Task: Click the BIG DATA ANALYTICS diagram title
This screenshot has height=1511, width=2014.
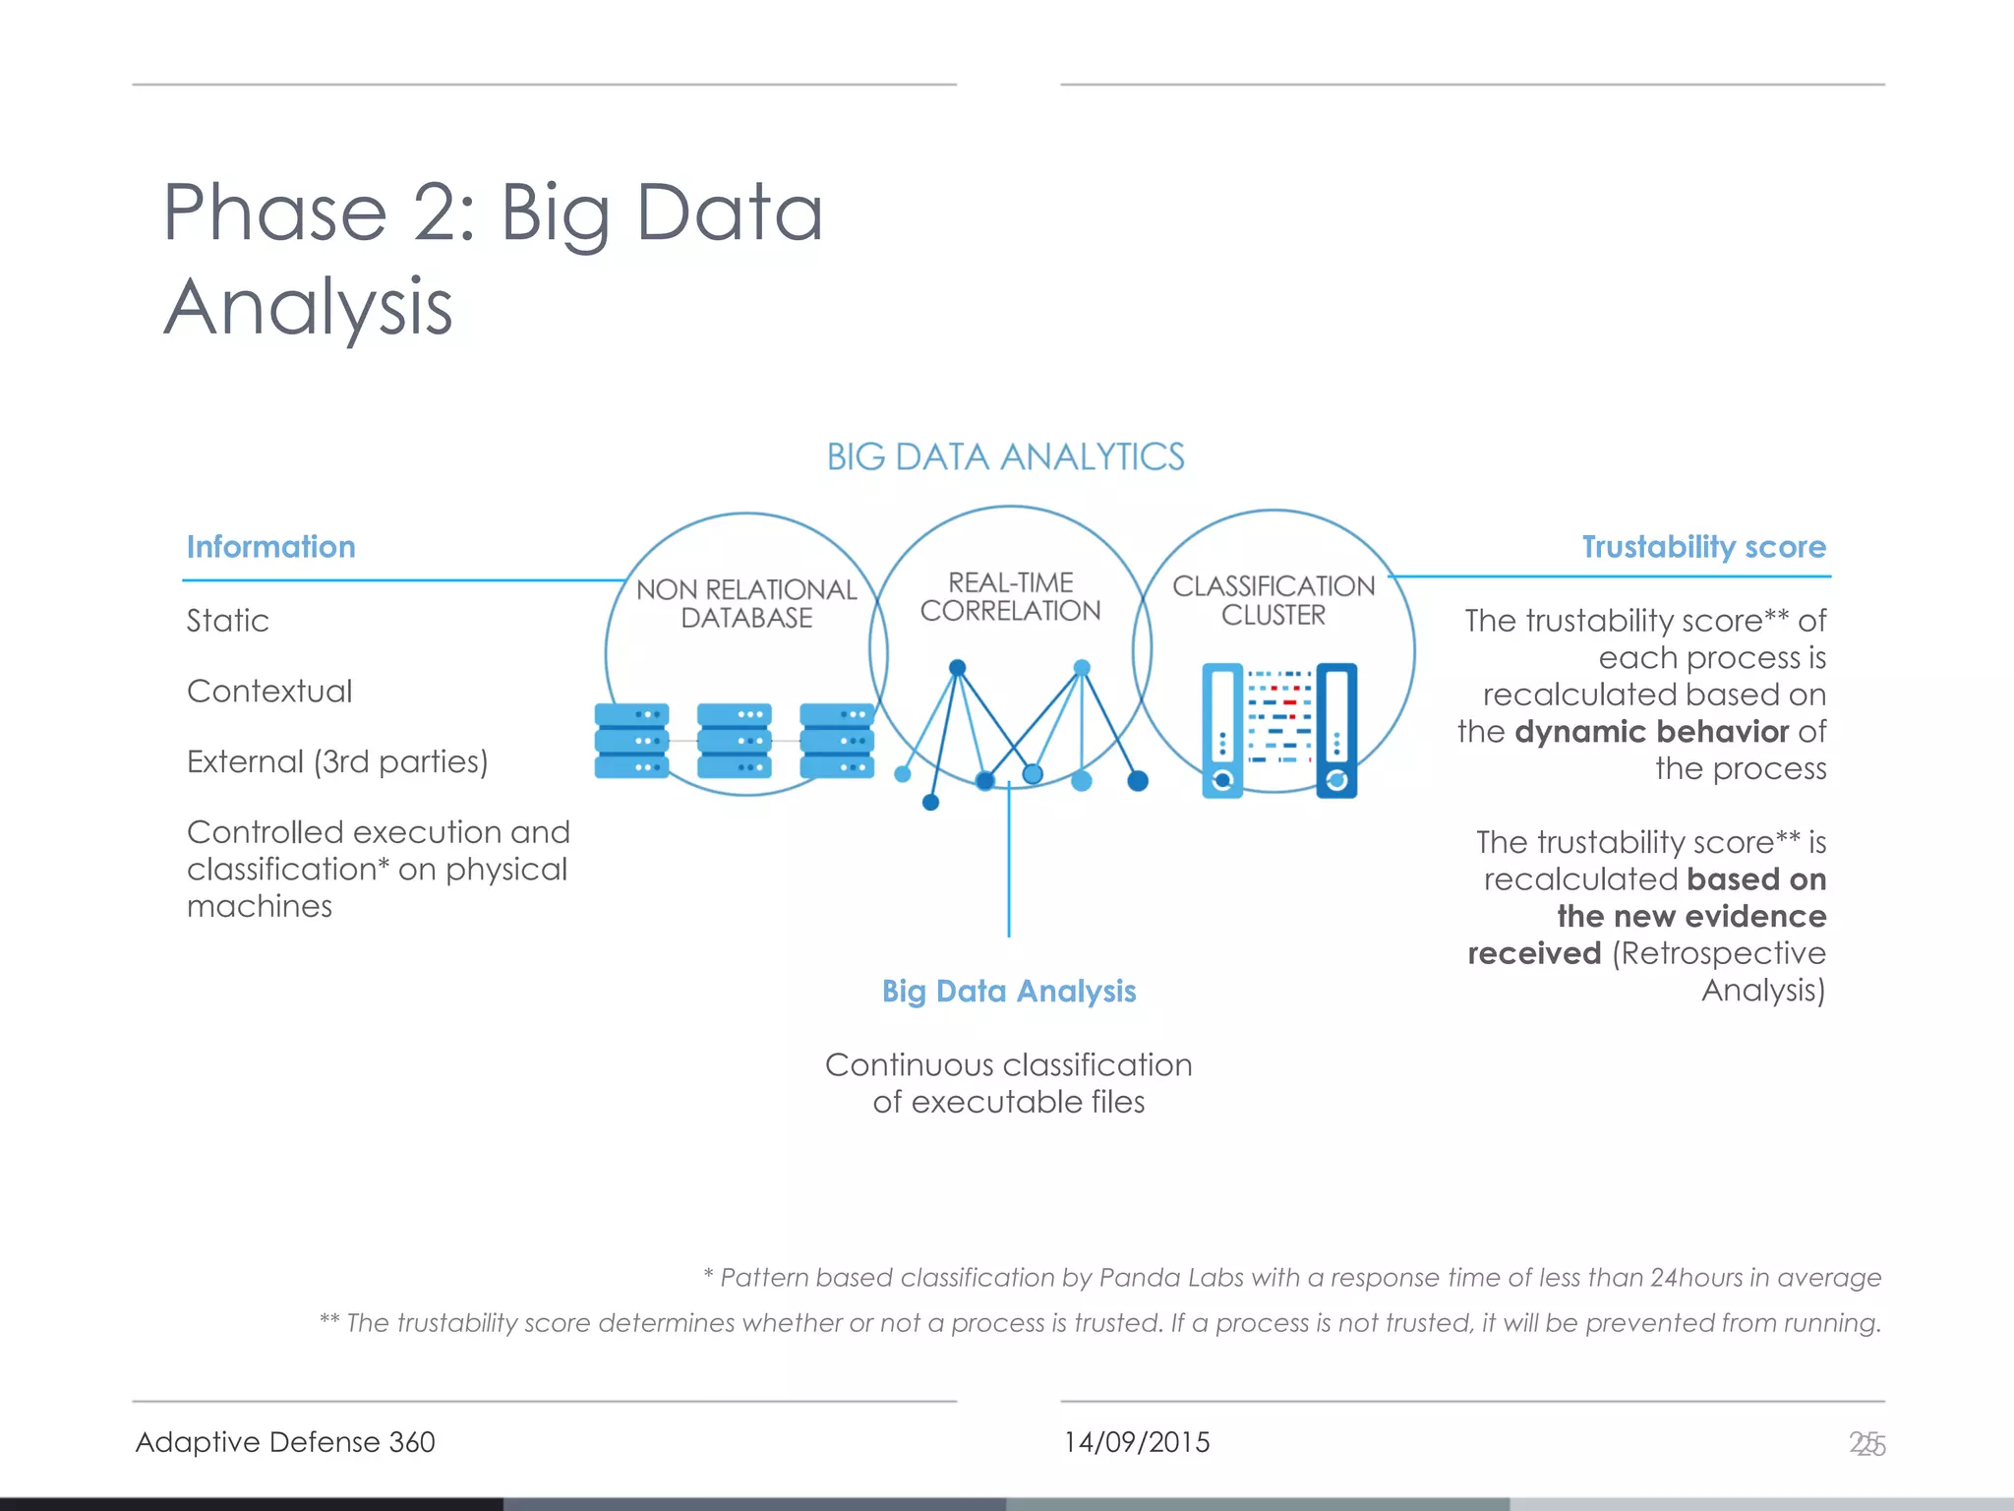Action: pyautogui.click(x=1005, y=457)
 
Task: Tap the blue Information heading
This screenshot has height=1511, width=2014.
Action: pyautogui.click(x=270, y=547)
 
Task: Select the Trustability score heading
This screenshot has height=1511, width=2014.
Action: pyautogui.click(x=1703, y=547)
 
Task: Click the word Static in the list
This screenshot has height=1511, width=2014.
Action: pyautogui.click(x=227, y=621)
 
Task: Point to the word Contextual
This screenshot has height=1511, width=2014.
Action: pyautogui.click(x=268, y=692)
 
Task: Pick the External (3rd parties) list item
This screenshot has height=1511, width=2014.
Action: pyautogui.click(x=336, y=762)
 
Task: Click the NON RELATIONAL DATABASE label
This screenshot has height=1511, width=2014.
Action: pyautogui.click(x=746, y=603)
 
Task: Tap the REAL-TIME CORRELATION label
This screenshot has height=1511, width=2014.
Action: pyautogui.click(x=1010, y=597)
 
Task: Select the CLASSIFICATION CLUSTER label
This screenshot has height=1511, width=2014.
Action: pyautogui.click(x=1274, y=600)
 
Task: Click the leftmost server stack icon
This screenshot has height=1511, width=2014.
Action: pyautogui.click(x=631, y=741)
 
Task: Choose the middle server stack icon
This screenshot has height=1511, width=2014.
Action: pyautogui.click(x=734, y=741)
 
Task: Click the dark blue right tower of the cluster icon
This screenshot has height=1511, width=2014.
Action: pyautogui.click(x=1336, y=730)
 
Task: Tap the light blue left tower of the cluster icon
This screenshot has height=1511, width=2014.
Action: pyautogui.click(x=1222, y=730)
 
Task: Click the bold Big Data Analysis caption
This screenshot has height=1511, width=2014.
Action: pyautogui.click(x=1009, y=991)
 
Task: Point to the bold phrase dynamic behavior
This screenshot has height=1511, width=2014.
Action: pyautogui.click(x=1651, y=732)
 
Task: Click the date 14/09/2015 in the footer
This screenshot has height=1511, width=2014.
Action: pyautogui.click(x=1136, y=1442)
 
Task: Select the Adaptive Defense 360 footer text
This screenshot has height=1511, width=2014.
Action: pyautogui.click(x=285, y=1442)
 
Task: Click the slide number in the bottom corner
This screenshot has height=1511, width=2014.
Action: pyautogui.click(x=1866, y=1444)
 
